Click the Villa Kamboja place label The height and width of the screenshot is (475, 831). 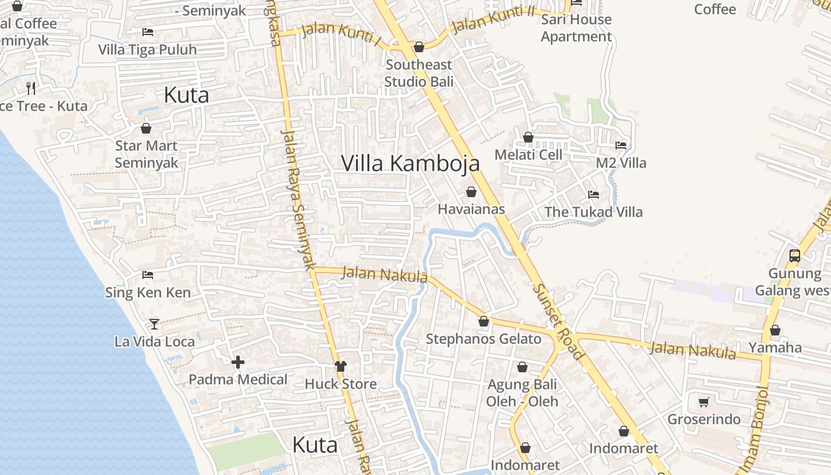click(x=410, y=163)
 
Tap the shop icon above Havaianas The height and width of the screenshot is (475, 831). click(x=471, y=192)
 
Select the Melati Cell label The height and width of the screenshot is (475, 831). click(x=528, y=155)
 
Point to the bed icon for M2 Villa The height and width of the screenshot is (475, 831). click(x=621, y=145)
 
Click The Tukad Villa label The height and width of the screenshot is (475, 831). click(x=594, y=212)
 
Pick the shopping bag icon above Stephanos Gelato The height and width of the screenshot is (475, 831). click(x=484, y=321)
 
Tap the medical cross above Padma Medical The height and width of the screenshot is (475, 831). click(x=238, y=362)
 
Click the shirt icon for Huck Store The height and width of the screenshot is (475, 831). click(x=340, y=366)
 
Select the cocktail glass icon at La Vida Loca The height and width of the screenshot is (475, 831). click(x=154, y=324)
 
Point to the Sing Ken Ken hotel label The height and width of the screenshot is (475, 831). click(x=148, y=292)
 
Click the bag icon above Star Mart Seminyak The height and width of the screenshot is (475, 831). click(x=146, y=128)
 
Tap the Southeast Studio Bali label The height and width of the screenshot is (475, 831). click(x=418, y=73)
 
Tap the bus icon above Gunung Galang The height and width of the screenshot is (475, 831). click(x=794, y=256)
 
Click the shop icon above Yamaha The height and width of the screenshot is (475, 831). click(x=775, y=330)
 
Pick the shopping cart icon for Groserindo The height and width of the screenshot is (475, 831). click(x=704, y=402)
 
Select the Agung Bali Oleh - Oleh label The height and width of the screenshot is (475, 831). click(x=522, y=393)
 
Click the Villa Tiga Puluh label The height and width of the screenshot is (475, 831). click(x=147, y=49)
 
